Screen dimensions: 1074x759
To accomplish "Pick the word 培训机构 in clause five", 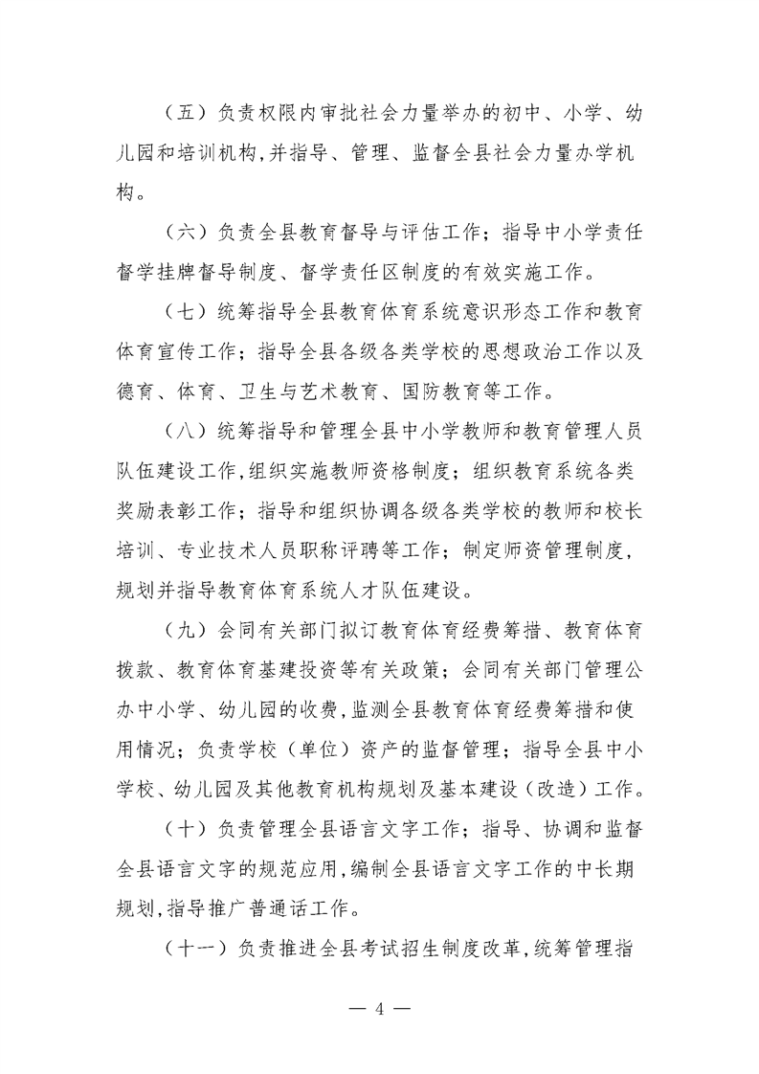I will [x=225, y=154].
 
